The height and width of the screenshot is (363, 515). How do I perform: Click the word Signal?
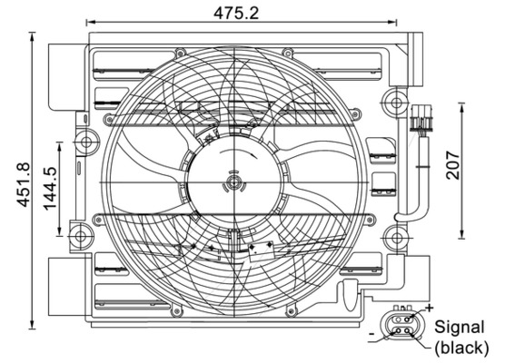460,327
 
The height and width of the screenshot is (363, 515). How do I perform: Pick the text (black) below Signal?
461,347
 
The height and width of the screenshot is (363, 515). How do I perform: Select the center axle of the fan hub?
235,183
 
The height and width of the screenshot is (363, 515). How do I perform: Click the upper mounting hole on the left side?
85,141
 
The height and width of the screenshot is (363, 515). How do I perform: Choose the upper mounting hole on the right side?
392,97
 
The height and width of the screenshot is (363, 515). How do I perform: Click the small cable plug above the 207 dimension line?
419,119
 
